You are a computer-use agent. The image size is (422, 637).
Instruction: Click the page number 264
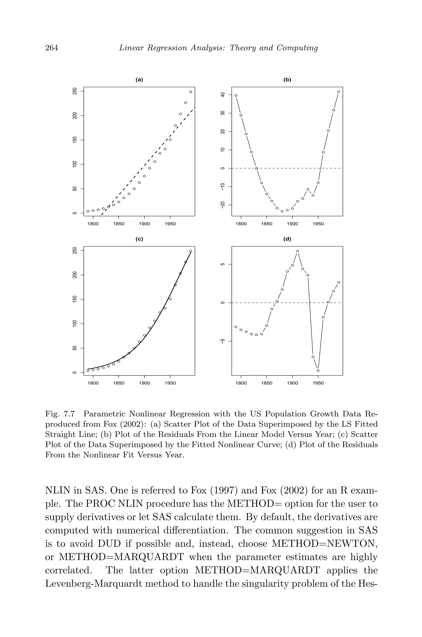tap(52, 48)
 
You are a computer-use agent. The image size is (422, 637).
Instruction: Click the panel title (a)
tap(139, 80)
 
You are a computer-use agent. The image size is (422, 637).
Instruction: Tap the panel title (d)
tap(287, 239)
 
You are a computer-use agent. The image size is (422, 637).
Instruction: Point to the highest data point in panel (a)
tap(191, 92)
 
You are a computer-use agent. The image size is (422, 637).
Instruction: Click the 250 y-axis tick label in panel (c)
tap(75, 250)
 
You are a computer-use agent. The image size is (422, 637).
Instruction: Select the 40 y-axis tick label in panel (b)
tap(223, 95)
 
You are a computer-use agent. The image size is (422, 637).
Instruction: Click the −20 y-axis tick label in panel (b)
tap(223, 205)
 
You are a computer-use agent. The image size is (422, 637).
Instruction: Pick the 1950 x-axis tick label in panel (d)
tap(318, 383)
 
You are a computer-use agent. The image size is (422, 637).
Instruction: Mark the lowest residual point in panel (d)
tap(318, 370)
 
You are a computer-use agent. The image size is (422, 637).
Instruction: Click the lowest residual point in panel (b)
tap(282, 211)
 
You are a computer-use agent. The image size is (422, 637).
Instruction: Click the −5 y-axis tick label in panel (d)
tap(223, 341)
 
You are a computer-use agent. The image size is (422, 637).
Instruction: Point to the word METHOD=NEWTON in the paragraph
tap(324, 544)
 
